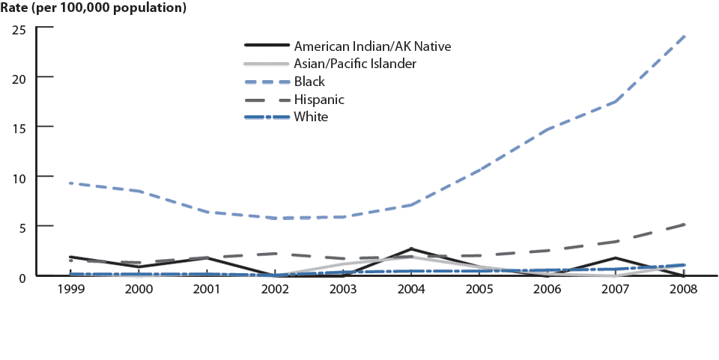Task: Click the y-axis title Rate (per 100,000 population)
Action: tap(94, 9)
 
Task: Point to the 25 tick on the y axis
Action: tap(19, 29)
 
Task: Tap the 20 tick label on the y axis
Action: tap(19, 78)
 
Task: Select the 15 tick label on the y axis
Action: tap(19, 127)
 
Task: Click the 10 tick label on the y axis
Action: tap(19, 177)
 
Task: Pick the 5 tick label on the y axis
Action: tap(23, 226)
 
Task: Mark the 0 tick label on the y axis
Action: tap(23, 276)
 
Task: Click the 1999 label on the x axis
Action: tap(70, 289)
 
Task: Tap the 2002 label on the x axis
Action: tap(276, 289)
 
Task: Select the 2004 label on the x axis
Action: tap(412, 289)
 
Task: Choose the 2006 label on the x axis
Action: tap(548, 289)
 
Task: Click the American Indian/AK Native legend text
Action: tap(373, 46)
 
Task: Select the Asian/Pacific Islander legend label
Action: tap(355, 64)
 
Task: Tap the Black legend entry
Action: tap(310, 82)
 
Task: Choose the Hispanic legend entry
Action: tap(320, 99)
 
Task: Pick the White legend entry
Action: tap(312, 117)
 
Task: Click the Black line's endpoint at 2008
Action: tap(685, 36)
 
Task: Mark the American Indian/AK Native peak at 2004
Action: tap(412, 249)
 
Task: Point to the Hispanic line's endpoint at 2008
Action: tap(685, 225)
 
